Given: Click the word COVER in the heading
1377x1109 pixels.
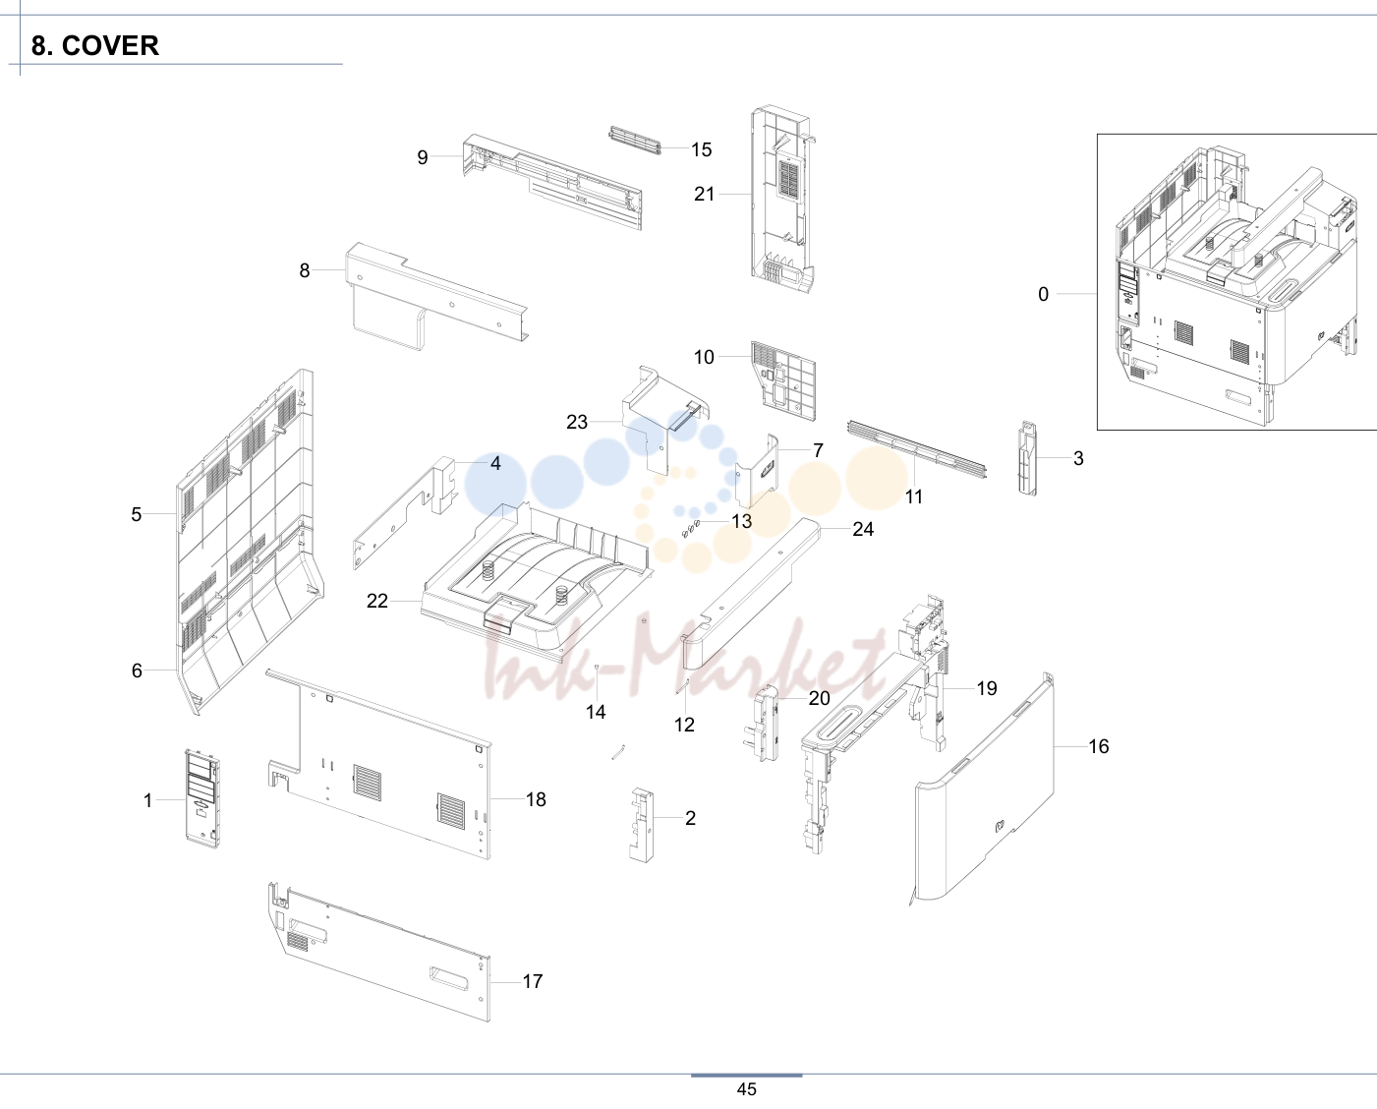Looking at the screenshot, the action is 110,45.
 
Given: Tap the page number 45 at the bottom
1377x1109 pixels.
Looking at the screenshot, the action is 746,1089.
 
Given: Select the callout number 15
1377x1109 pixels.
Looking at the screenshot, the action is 702,149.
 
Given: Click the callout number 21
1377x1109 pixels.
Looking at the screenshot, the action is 704,194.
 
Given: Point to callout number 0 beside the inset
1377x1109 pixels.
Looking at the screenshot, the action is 1043,294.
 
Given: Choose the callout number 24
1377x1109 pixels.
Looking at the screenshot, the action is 863,529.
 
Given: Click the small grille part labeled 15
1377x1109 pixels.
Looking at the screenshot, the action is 634,141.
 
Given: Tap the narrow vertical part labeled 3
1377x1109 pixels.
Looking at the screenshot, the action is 1027,458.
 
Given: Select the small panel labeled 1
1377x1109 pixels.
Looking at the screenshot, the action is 202,798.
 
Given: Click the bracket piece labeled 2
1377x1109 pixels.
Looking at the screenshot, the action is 641,825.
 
